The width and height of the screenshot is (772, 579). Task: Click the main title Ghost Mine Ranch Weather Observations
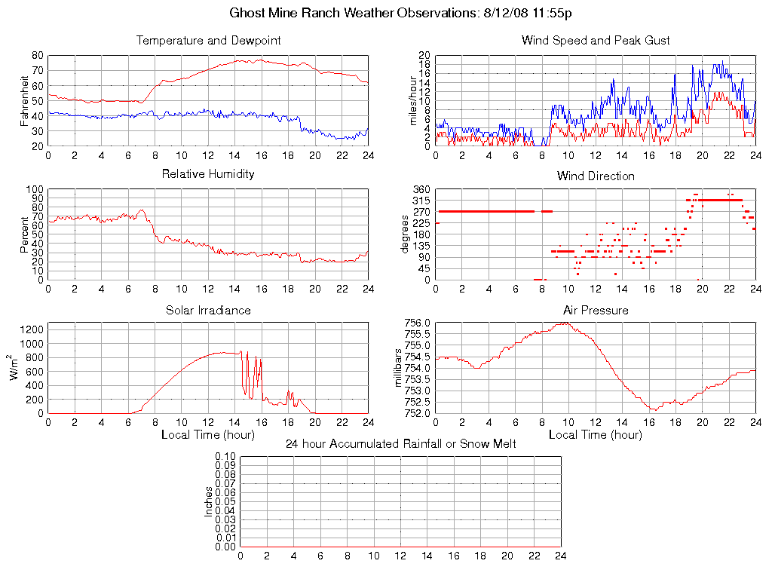click(400, 14)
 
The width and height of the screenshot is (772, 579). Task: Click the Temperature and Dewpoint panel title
click(208, 41)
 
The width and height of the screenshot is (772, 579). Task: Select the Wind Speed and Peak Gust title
click(596, 41)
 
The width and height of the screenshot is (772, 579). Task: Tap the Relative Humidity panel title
click(208, 174)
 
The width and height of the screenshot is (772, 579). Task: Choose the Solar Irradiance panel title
click(208, 311)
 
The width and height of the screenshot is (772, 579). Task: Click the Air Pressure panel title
click(596, 311)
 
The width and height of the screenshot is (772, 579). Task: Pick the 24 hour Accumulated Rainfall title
click(400, 444)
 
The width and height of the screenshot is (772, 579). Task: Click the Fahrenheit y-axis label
click(25, 100)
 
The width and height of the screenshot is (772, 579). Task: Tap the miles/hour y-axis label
click(412, 100)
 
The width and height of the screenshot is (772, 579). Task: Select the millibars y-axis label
click(400, 368)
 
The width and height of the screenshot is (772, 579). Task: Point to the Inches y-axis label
click(209, 501)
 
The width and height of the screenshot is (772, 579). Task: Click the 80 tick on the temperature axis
click(37, 56)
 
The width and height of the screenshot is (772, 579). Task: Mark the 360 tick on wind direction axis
click(421, 189)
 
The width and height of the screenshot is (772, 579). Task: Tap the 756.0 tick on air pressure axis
click(417, 323)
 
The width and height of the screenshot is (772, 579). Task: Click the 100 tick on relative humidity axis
click(35, 189)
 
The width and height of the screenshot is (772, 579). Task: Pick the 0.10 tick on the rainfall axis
click(225, 457)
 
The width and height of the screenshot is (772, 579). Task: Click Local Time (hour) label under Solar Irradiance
click(208, 435)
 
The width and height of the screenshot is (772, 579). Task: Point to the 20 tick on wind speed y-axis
click(424, 56)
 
